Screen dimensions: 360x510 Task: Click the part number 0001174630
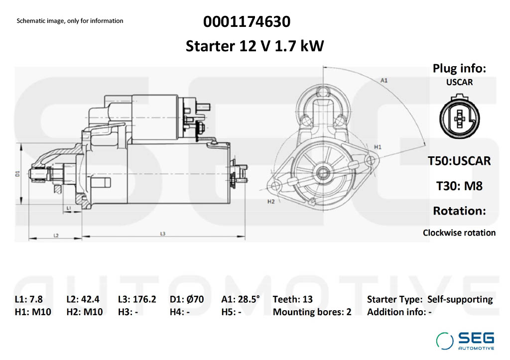tap(247, 22)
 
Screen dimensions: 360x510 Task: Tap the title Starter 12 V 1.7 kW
tap(255, 46)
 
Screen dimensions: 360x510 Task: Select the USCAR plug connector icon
tap(459, 119)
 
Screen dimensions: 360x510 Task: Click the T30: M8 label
tap(459, 186)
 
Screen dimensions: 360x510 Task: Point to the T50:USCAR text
tap(459, 161)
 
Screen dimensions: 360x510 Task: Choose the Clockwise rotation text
tap(459, 233)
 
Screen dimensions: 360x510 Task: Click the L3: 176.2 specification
tap(137, 299)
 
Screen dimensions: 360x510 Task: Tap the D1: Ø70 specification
tap(187, 299)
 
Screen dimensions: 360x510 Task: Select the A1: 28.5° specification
tap(241, 299)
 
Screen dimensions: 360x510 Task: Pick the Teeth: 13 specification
tap(293, 299)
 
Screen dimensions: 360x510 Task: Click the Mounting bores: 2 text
tap(312, 312)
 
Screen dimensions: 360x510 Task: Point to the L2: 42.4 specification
tap(83, 299)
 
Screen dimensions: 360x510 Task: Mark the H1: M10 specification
tap(33, 312)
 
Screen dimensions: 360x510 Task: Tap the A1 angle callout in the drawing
tap(384, 80)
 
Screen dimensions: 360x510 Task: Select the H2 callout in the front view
tap(271, 202)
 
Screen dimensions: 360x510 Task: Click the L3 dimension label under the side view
tap(163, 234)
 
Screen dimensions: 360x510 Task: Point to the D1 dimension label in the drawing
tap(17, 173)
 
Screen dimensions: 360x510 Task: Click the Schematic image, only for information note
tap(70, 21)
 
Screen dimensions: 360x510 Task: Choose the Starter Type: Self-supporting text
tap(429, 299)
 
